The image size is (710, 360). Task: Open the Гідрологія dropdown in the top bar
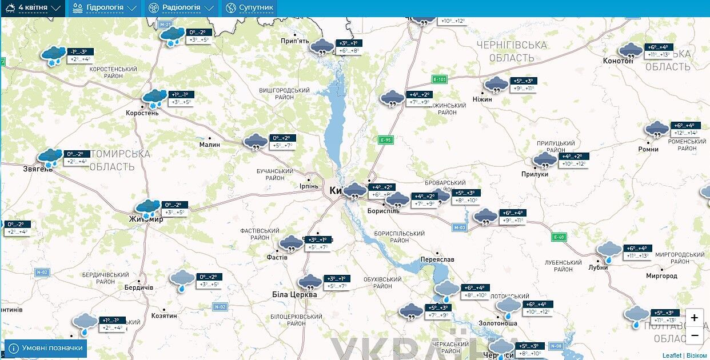pos(105,8)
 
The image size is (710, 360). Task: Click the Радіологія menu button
pos(181,8)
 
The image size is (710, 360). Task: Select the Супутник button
pos(249,8)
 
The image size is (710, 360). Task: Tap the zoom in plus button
pos(694,318)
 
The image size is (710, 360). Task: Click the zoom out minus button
pos(694,335)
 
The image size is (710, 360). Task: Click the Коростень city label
pos(142,113)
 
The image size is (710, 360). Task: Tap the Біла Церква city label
pos(294,295)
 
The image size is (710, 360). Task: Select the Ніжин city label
pos(482,99)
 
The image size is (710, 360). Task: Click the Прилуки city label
pos(535,174)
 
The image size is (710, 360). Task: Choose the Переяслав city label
pos(437,259)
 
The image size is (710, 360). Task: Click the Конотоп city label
pos(618,61)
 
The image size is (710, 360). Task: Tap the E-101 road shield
pos(439,79)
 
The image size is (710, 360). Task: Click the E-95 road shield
pos(386,139)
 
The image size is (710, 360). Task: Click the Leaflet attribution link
pos(672,355)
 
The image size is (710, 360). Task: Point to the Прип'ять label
pos(295,41)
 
